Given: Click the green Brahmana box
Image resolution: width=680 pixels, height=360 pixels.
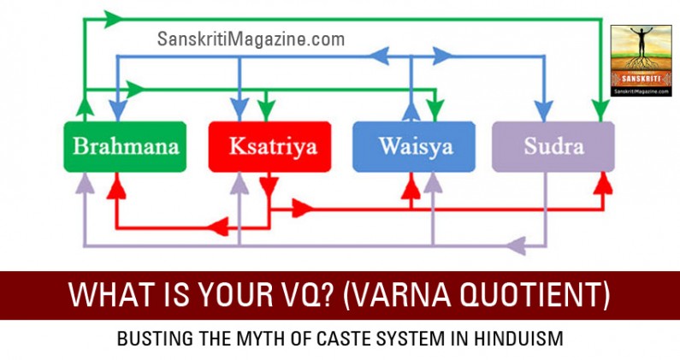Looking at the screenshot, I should click(x=126, y=146).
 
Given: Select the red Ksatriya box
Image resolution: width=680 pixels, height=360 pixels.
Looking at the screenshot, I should click(x=269, y=146).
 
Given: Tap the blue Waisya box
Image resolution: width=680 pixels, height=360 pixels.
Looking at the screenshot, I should click(x=414, y=146).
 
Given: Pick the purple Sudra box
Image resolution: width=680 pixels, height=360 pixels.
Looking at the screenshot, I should click(x=553, y=146).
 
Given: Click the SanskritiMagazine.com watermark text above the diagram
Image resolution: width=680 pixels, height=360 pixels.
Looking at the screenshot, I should click(x=251, y=39).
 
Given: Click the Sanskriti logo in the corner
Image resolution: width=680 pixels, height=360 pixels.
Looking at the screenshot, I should click(x=641, y=60).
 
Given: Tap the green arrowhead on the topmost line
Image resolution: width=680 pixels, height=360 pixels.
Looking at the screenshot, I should click(x=110, y=16).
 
